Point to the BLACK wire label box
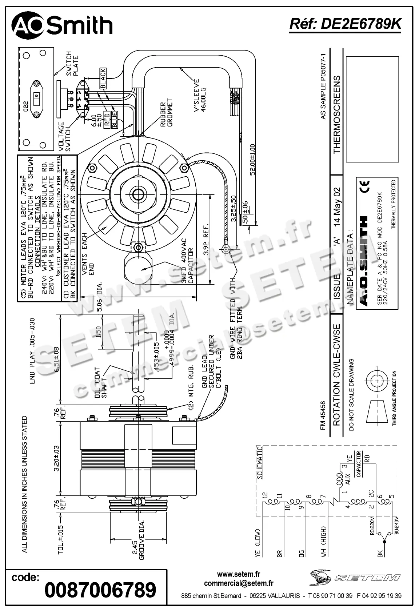click(x=103, y=78)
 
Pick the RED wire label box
click(x=107, y=119)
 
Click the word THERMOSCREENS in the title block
click(x=336, y=114)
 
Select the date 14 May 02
click(x=337, y=206)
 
